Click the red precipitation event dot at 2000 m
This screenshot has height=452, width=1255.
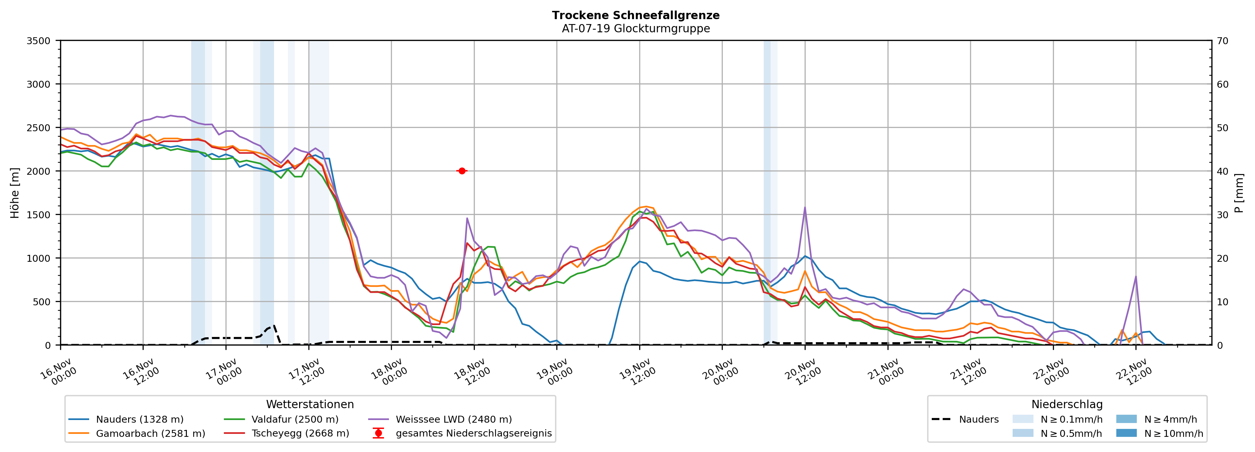(462, 171)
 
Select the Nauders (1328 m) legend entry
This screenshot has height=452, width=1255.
(139, 419)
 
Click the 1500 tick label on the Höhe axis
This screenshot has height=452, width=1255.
(39, 215)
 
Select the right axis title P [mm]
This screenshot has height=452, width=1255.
(1239, 193)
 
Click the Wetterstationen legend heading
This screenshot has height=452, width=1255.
(310, 404)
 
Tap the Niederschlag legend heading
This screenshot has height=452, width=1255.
(1067, 404)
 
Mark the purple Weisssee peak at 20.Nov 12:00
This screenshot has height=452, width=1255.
(805, 208)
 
